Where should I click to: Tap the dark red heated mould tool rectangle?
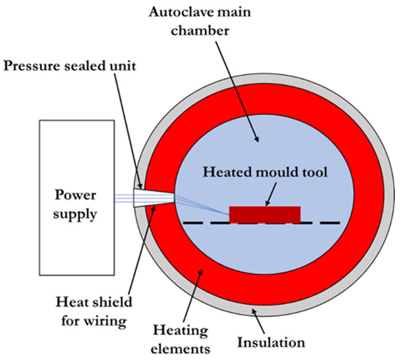[265, 214]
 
